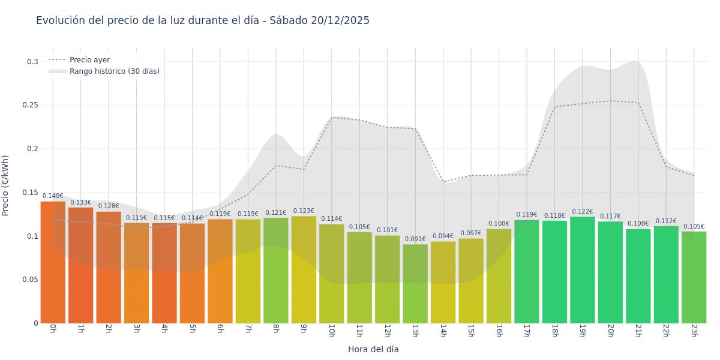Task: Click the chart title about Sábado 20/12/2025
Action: [x=203, y=20]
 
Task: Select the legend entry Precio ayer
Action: [x=89, y=60]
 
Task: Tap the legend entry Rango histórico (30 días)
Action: [x=114, y=71]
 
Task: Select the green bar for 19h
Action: [x=582, y=270]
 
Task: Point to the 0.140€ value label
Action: [x=53, y=196]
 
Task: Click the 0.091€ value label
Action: [x=415, y=239]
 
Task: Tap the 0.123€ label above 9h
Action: [x=304, y=211]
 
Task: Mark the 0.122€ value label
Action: [x=582, y=212]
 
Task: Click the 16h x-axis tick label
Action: [x=499, y=331]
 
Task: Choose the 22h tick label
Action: [x=666, y=331]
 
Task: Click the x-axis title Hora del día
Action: [x=373, y=349]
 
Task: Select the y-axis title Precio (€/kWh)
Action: [x=5, y=185]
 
